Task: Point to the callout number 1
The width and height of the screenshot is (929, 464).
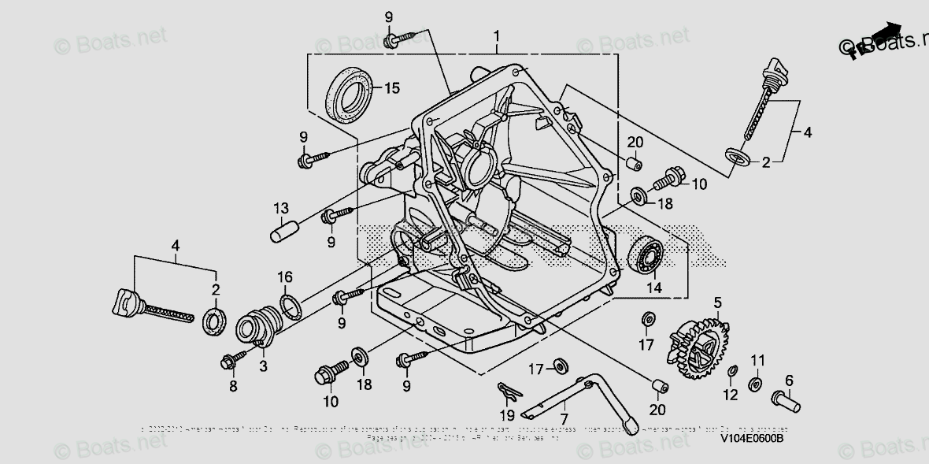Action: tap(497, 36)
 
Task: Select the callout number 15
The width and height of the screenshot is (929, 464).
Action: tap(392, 87)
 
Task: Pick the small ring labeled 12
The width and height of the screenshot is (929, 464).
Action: tap(731, 371)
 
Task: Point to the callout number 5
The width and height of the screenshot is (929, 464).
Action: tap(717, 302)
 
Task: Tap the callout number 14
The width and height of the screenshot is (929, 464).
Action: tap(654, 288)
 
